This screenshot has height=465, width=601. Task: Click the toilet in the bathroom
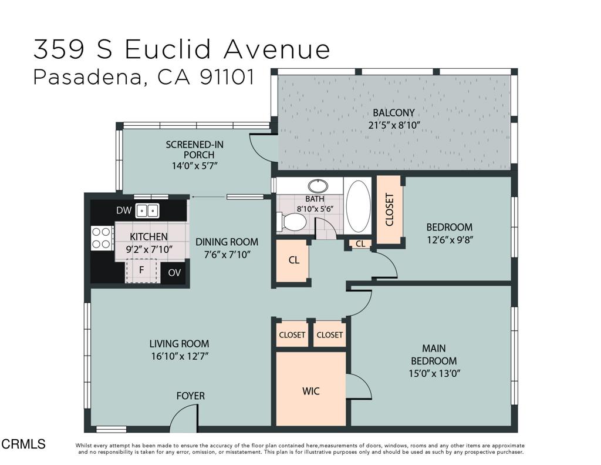point(292,222)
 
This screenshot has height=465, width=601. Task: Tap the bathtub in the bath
point(358,207)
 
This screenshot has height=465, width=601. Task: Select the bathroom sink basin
point(318,186)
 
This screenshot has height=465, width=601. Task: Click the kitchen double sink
point(147,210)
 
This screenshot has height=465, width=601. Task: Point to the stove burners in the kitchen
point(102,237)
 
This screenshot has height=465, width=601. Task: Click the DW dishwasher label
point(123,210)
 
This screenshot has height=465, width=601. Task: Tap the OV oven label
point(174,272)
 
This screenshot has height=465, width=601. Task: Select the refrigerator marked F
point(141,271)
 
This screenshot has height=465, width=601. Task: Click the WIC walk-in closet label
point(311,390)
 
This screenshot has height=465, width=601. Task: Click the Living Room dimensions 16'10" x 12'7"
point(179,356)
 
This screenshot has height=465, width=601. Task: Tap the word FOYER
point(191,396)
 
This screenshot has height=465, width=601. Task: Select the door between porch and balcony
point(262,147)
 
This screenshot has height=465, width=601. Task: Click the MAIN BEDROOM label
point(434,355)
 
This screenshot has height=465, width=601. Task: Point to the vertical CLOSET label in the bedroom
point(389,210)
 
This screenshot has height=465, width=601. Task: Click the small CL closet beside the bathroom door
point(360,243)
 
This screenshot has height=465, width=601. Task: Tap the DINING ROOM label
point(227,242)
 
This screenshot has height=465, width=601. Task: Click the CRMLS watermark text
point(23,444)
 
